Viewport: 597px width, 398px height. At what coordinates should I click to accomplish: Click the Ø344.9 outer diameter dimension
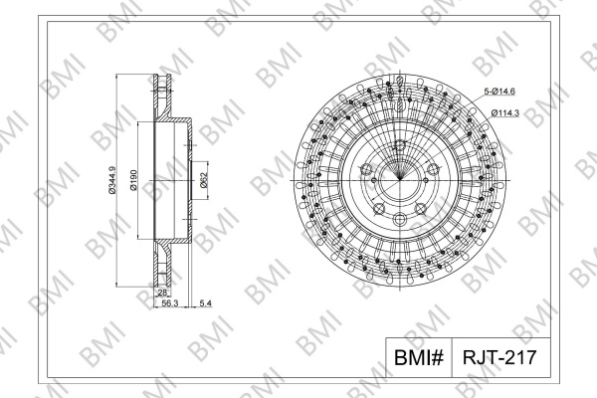click(x=111, y=180)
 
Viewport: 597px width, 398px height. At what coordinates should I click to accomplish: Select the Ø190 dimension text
click(x=133, y=180)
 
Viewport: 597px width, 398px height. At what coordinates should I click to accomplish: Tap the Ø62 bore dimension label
click(x=203, y=180)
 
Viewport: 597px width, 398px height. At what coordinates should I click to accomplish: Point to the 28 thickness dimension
click(x=162, y=293)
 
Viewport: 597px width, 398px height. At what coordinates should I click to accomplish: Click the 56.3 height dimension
click(x=170, y=303)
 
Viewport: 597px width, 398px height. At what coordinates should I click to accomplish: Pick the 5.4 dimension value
click(x=206, y=303)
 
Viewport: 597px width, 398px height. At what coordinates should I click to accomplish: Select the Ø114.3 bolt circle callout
click(x=505, y=113)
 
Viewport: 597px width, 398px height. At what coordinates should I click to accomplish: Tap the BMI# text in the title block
click(x=419, y=357)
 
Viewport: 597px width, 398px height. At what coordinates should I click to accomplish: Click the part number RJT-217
click(x=499, y=357)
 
